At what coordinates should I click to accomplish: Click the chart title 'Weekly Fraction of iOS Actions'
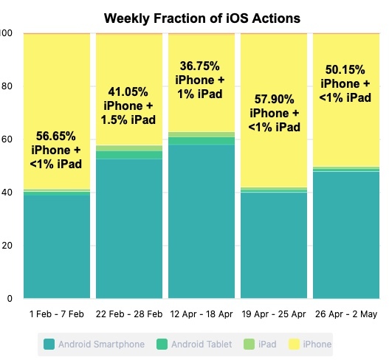pyautogui.click(x=202, y=18)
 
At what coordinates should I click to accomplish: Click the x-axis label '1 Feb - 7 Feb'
pyautogui.click(x=57, y=314)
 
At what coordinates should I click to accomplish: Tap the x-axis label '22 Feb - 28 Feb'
pyautogui.click(x=129, y=314)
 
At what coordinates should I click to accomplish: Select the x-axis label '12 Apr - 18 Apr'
pyautogui.click(x=202, y=314)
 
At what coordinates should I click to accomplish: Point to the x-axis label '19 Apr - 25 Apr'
pyautogui.click(x=274, y=314)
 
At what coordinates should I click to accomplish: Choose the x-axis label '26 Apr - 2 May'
pyautogui.click(x=346, y=314)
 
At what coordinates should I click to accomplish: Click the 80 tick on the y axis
pyautogui.click(x=7, y=86)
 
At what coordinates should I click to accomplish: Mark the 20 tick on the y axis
pyautogui.click(x=7, y=246)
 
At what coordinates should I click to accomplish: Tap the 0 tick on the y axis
pyautogui.click(x=10, y=299)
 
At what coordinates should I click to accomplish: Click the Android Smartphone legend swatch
pyautogui.click(x=49, y=345)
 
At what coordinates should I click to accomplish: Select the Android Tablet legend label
pyautogui.click(x=202, y=345)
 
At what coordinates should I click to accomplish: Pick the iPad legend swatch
pyautogui.click(x=249, y=345)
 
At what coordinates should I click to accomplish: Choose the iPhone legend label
pyautogui.click(x=317, y=345)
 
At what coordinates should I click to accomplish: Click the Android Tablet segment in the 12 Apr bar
pyautogui.click(x=202, y=141)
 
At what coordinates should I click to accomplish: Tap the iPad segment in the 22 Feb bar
pyautogui.click(x=129, y=148)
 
